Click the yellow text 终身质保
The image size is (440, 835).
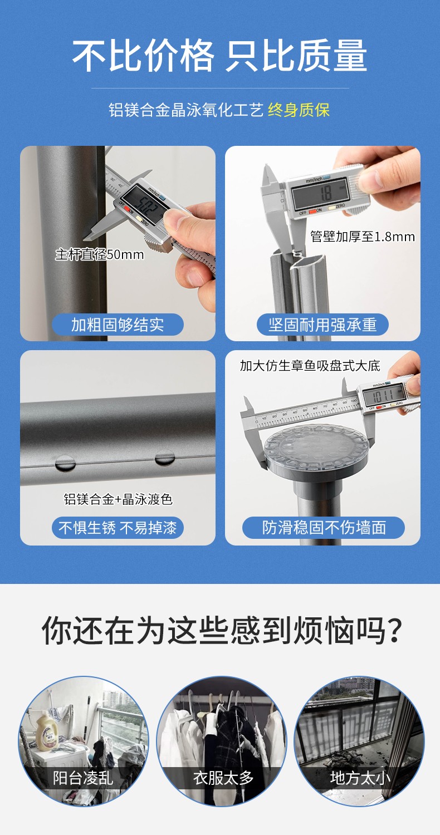click(299, 110)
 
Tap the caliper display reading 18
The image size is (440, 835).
click(320, 193)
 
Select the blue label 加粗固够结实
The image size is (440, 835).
click(118, 325)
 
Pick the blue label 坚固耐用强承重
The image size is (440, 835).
click(322, 325)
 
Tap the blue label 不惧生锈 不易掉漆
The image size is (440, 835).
click(118, 528)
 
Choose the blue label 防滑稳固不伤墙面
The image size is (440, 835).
click(323, 528)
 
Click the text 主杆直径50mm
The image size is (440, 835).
click(100, 254)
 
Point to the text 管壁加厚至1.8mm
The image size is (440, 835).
click(363, 237)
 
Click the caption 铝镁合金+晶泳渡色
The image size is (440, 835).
click(118, 499)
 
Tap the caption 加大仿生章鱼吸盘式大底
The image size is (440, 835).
click(310, 366)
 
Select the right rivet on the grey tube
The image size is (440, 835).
click(164, 458)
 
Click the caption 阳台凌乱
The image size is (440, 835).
click(83, 778)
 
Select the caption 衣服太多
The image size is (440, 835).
click(223, 778)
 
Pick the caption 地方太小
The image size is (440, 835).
click(360, 778)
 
